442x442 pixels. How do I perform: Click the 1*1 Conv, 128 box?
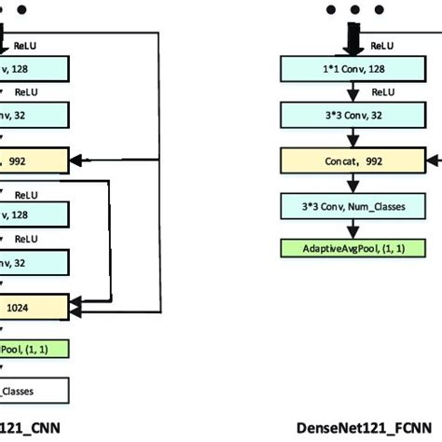353,69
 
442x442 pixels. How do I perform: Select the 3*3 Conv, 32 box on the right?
353,115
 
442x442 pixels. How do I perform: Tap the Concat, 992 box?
353,160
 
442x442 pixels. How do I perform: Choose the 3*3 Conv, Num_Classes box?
353,205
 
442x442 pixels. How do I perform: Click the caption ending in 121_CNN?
28,428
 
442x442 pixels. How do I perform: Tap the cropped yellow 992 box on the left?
34,160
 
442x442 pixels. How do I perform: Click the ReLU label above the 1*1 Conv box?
382,44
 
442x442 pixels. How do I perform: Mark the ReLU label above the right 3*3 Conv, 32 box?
382,91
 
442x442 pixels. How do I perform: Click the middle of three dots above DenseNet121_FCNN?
353,10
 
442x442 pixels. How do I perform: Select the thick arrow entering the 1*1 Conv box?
353,40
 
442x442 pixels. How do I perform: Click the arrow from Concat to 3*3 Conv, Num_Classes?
353,183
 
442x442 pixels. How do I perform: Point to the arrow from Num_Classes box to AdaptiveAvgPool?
353,228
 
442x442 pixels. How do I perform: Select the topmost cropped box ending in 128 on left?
34,69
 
